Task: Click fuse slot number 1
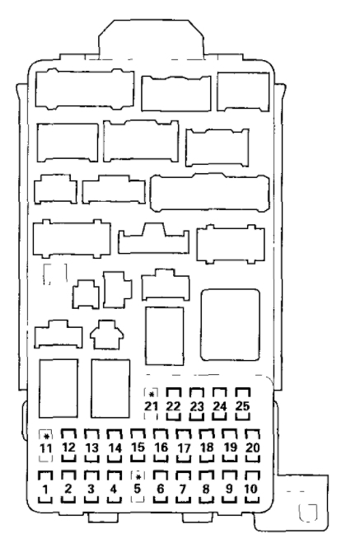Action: click(45, 487)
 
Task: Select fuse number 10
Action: click(251, 487)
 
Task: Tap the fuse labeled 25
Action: click(243, 405)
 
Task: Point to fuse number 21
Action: click(151, 405)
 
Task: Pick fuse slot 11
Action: click(45, 446)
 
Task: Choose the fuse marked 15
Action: click(138, 446)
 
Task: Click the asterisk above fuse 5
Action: click(138, 477)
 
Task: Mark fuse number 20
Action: click(252, 446)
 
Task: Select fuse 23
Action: click(197, 405)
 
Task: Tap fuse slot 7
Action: click(183, 487)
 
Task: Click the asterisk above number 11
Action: click(45, 436)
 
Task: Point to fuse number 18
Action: click(207, 446)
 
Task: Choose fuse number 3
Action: click(91, 487)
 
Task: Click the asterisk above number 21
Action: click(152, 395)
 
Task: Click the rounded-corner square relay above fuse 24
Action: click(230, 325)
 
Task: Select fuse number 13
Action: click(91, 446)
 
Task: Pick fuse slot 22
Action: click(174, 405)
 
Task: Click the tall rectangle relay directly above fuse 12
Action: click(58, 389)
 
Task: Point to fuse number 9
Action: click(229, 487)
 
